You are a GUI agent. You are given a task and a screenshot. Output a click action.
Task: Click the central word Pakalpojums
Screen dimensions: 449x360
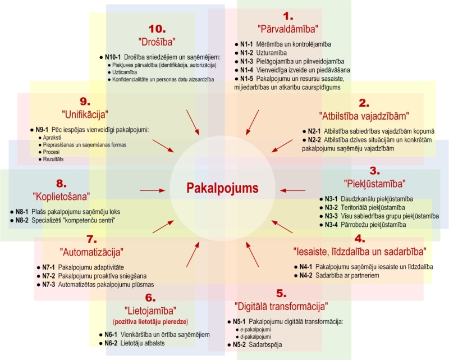click(222, 188)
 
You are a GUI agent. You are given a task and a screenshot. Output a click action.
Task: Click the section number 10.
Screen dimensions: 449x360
click(157, 29)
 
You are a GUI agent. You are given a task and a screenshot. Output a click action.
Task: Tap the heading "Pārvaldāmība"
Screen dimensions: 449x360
click(288, 29)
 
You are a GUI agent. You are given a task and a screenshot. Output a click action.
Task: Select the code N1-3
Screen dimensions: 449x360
click(246, 61)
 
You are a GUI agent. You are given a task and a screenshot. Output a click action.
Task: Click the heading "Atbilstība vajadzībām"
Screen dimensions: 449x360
click(364, 116)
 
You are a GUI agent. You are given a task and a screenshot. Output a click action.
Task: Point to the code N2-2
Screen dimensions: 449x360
click(314, 140)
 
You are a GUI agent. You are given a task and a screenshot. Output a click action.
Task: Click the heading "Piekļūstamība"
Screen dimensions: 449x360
click(374, 184)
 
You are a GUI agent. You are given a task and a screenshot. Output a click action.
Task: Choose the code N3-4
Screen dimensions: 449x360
click(331, 225)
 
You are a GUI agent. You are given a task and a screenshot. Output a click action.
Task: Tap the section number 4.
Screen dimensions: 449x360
click(360, 239)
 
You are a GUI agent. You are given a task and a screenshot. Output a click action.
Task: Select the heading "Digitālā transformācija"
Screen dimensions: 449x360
click(281, 307)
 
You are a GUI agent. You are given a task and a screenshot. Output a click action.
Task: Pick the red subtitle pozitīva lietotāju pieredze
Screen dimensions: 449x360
click(150, 322)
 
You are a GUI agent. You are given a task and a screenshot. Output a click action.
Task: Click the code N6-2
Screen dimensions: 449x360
click(111, 343)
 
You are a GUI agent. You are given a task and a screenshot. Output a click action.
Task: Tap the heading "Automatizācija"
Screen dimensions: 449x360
click(91, 252)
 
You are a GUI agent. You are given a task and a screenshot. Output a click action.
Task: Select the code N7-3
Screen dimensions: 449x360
click(49, 285)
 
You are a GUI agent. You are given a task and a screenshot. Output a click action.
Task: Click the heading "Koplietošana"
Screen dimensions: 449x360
click(61, 197)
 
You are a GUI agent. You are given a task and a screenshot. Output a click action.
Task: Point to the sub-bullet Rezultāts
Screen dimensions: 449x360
click(53, 159)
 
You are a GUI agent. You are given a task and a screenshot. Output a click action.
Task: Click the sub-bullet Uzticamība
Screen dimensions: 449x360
click(124, 72)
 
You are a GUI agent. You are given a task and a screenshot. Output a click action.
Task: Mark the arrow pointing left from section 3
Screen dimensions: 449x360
click(292, 190)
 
